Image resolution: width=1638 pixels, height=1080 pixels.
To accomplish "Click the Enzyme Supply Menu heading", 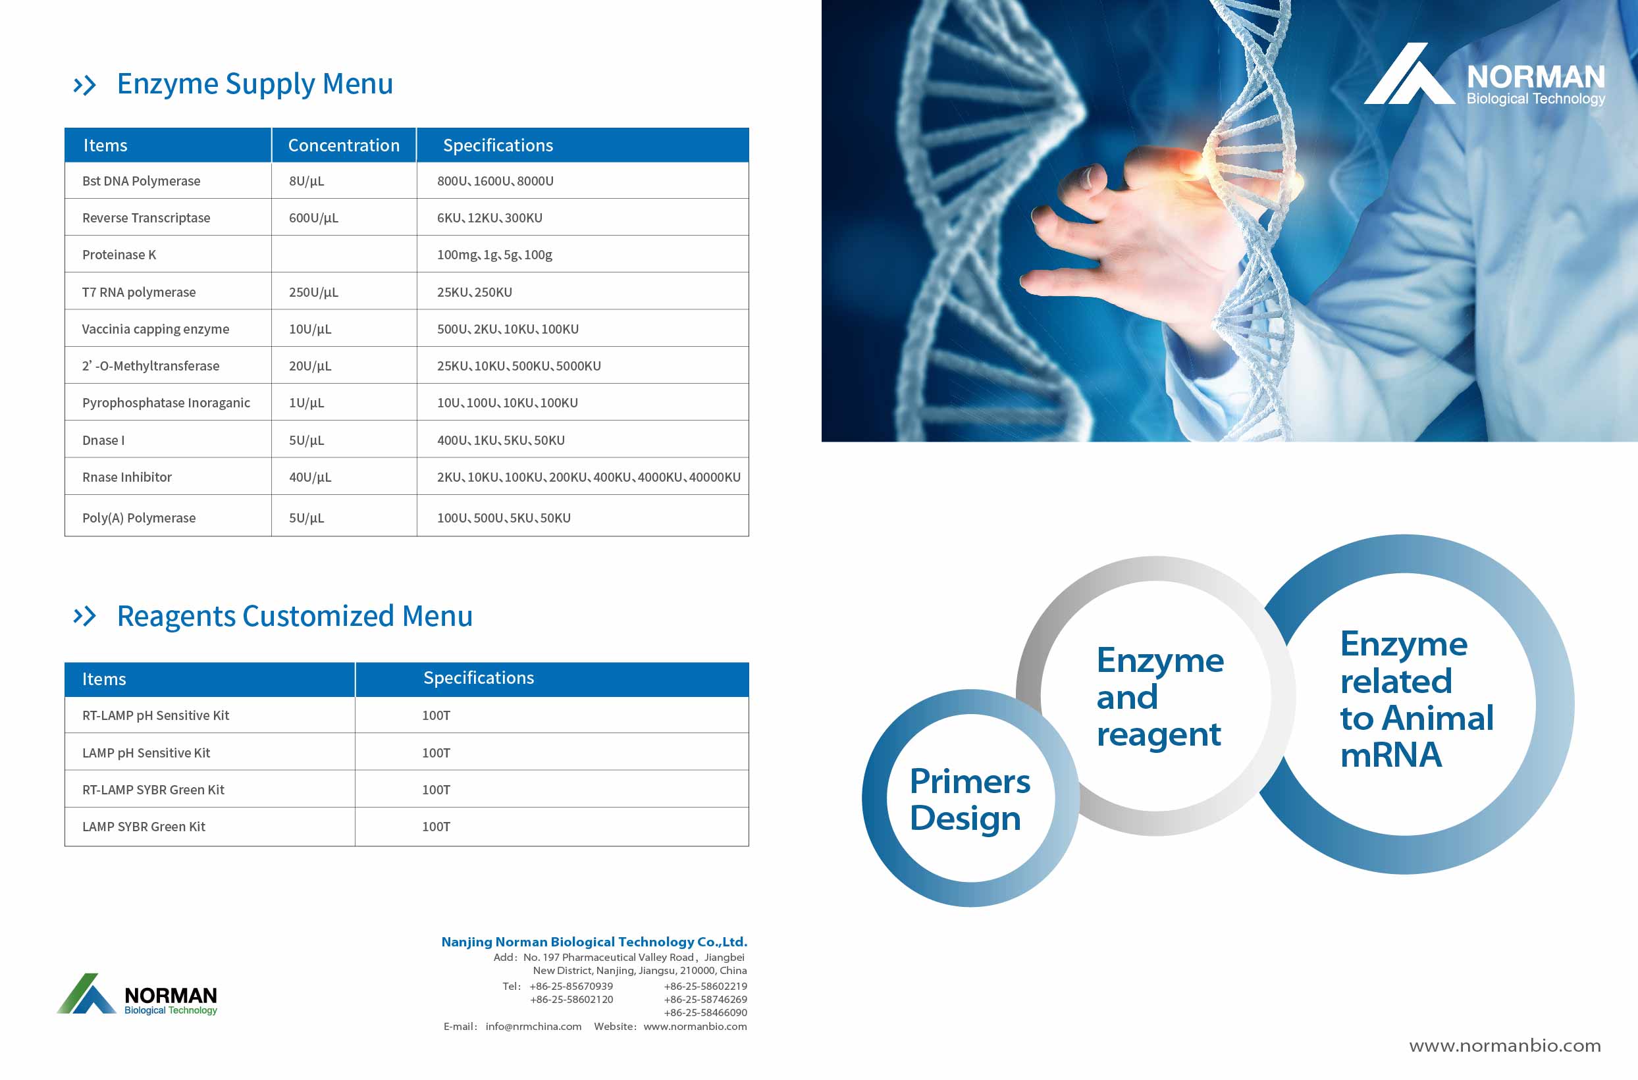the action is coord(255,84).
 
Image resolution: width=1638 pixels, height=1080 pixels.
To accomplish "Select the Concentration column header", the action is coord(344,145).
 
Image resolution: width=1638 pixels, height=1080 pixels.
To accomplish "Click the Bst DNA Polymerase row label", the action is coord(141,181).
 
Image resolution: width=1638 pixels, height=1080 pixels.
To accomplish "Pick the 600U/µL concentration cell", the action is coord(313,219).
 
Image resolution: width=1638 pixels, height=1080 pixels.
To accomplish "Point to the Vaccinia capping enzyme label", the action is coord(155,329).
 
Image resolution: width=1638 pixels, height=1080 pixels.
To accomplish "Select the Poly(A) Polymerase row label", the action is coord(139,518).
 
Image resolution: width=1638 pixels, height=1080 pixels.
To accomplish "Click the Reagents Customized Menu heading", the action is coord(295,616).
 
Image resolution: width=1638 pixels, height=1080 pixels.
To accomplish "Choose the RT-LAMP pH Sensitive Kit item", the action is coord(155,715).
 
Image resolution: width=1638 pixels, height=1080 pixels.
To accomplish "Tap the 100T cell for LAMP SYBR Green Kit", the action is coord(436,827).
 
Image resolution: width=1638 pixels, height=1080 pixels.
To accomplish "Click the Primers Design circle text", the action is coord(970,800).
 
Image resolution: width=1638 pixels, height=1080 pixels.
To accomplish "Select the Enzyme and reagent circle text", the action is coord(1160,697).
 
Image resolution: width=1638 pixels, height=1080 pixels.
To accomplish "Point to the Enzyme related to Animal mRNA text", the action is coord(1417,699).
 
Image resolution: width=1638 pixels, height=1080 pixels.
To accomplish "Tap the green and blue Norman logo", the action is coord(137,994).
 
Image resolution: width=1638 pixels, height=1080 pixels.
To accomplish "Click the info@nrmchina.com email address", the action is coord(533,1026).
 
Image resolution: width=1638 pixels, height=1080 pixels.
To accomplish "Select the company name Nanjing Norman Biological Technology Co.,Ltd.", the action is coord(594,942).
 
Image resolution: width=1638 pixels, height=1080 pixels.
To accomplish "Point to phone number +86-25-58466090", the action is coord(705,1012).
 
